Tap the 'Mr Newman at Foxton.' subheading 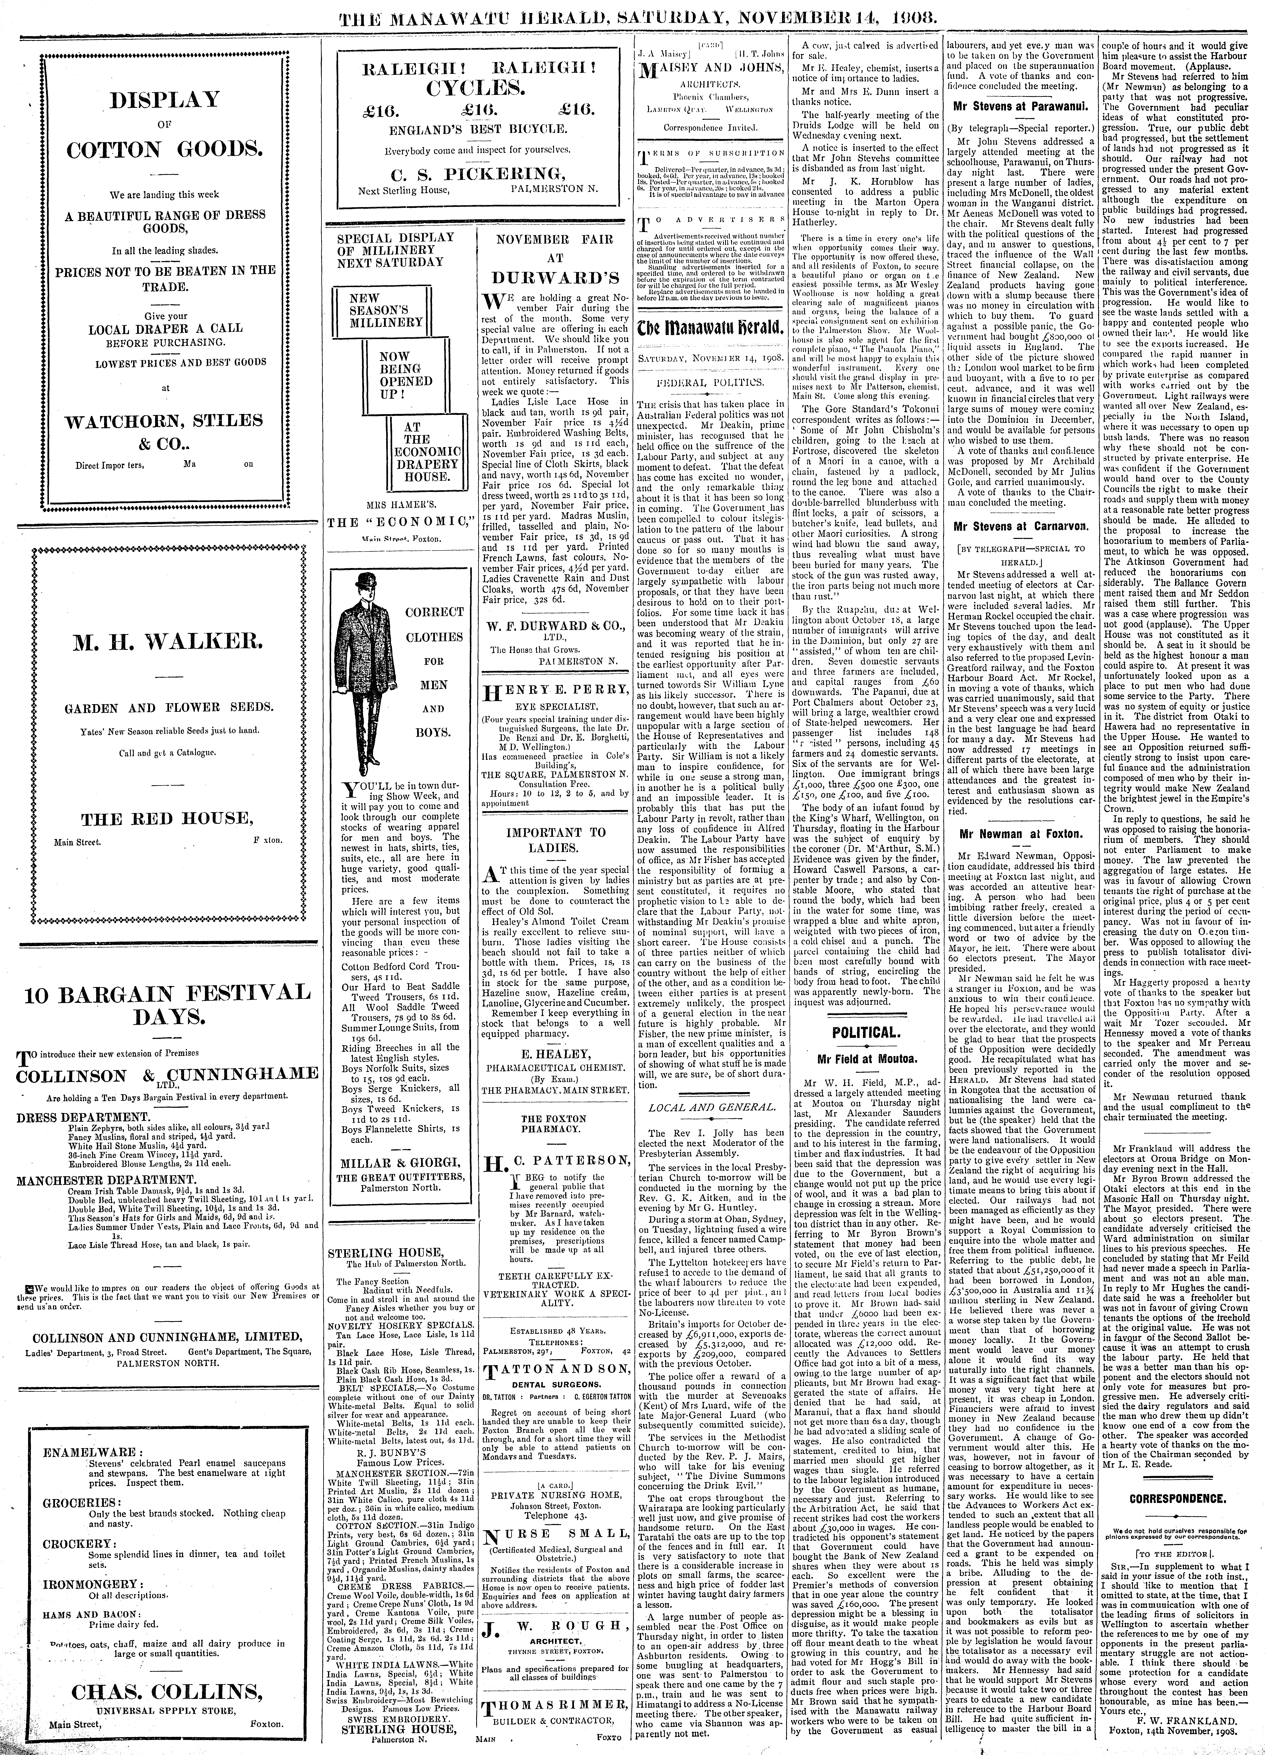coord(1020,834)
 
